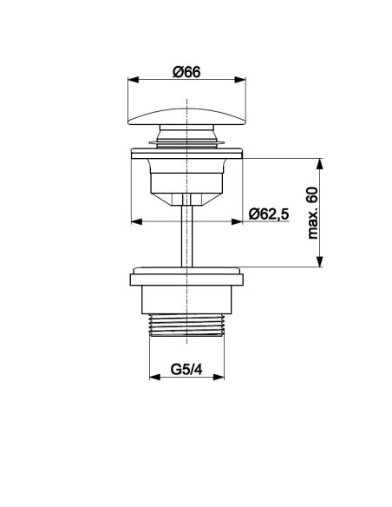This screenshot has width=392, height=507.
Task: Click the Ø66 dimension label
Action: click(x=186, y=72)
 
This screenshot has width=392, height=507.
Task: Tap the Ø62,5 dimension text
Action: click(x=269, y=214)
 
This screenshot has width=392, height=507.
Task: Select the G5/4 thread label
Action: click(x=186, y=369)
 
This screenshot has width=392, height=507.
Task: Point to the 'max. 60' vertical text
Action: click(x=312, y=213)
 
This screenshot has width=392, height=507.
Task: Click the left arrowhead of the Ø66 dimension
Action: click(x=134, y=80)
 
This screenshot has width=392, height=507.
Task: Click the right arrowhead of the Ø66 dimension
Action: click(x=240, y=80)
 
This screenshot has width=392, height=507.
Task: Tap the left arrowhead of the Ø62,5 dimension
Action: click(x=136, y=221)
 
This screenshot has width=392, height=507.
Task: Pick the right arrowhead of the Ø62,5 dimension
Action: click(x=237, y=221)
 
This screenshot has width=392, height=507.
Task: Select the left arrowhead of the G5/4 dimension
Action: click(x=155, y=377)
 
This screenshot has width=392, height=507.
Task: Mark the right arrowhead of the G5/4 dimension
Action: click(x=219, y=377)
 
